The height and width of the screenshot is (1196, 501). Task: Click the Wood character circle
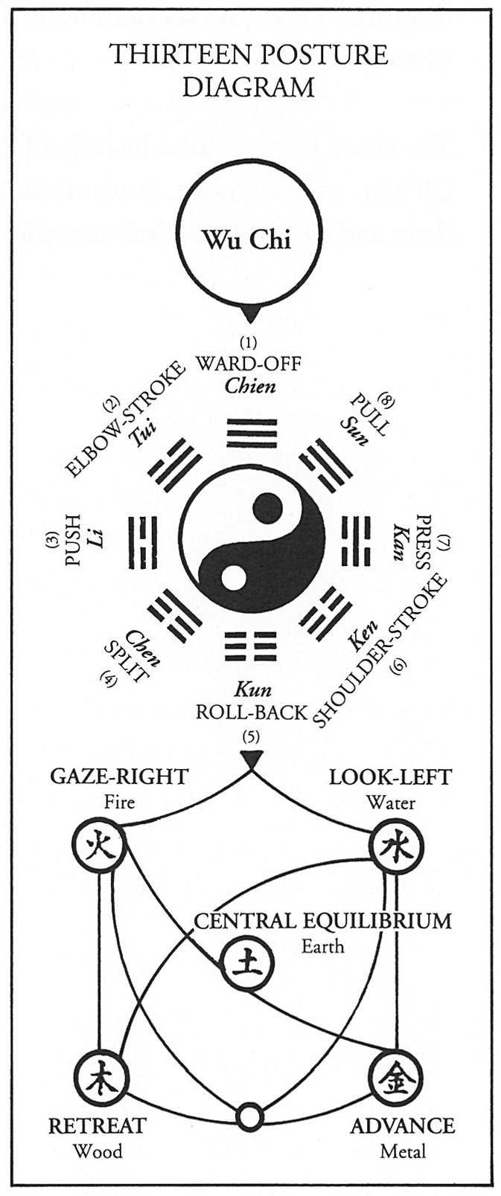coord(100,1077)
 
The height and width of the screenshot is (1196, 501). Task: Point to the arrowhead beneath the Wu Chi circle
coord(251,314)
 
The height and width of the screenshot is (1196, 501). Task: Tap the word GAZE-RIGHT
coord(118,777)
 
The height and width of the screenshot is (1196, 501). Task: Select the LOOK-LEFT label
coord(390,777)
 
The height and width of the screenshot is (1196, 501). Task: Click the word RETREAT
coord(97,1125)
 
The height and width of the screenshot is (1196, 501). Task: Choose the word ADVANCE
coord(402,1125)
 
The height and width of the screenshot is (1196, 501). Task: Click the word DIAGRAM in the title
coord(249,88)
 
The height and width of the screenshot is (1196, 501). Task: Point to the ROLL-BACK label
coord(251,712)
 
